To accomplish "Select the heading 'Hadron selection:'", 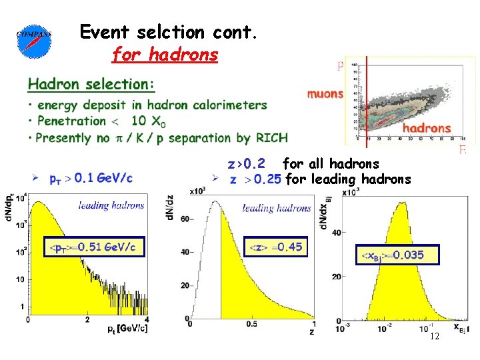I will [x=91, y=84].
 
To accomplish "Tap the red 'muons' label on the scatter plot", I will [x=325, y=94].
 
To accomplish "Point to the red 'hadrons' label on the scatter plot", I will [x=427, y=127].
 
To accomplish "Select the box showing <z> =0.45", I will [x=275, y=247].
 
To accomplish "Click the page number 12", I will [x=434, y=337].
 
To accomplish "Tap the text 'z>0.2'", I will [x=246, y=163].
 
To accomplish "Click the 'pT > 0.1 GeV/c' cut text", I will [x=91, y=178].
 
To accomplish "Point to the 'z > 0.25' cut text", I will [x=255, y=179].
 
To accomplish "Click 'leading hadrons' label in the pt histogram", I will [x=111, y=205].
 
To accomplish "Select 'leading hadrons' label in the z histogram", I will [x=277, y=208].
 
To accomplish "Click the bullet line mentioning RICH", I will [x=161, y=138].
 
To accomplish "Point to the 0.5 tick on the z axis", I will [x=251, y=324].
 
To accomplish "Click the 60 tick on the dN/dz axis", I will [x=182, y=218].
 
